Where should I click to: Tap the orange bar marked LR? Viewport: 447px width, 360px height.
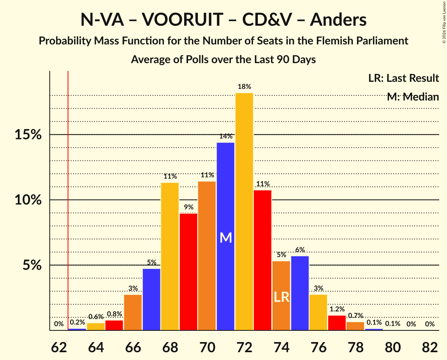(x=281, y=296)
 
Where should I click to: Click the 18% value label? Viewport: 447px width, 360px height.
(x=244, y=87)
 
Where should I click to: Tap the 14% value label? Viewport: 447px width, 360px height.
(x=226, y=136)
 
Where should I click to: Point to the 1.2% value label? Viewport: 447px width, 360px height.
(x=337, y=309)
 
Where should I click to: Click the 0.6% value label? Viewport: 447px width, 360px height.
(x=96, y=317)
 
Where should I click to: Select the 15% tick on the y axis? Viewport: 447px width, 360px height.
(x=28, y=135)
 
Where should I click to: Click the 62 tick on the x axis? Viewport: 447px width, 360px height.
(x=58, y=347)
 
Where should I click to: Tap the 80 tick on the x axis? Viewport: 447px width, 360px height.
(x=393, y=347)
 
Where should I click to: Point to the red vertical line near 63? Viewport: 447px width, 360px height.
(x=68, y=195)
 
